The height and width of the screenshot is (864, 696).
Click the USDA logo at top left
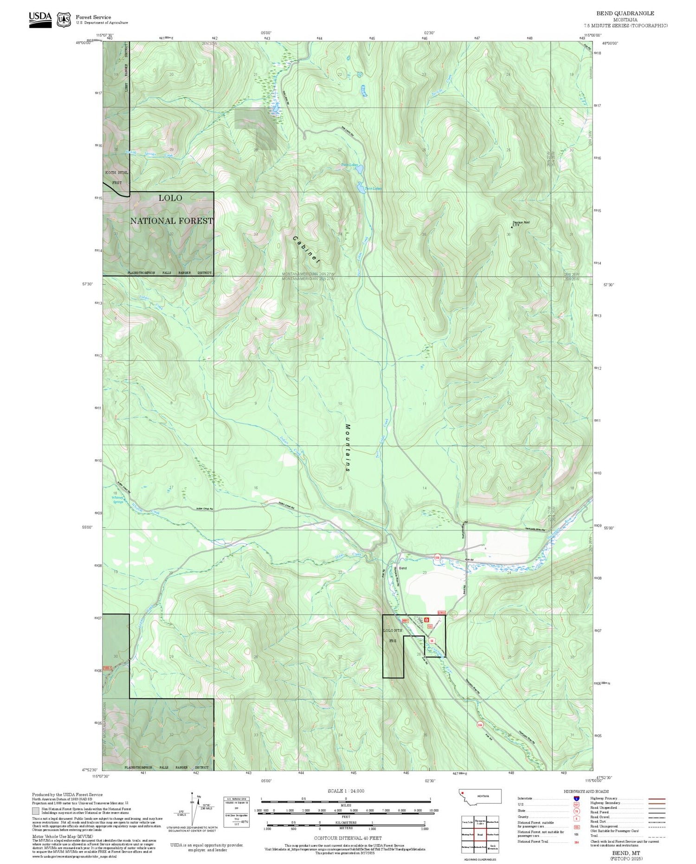pos(40,19)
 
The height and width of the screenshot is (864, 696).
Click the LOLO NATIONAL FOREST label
pos(171,210)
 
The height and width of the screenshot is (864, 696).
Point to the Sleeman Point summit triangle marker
pos(512,227)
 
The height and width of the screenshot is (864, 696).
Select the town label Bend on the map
pos(403,568)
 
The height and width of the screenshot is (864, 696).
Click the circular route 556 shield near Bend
pos(437,557)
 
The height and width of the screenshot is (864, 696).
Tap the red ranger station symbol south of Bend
pos(426,619)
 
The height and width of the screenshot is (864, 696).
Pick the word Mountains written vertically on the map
pos(348,448)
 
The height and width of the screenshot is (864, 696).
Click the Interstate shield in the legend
pos(576,798)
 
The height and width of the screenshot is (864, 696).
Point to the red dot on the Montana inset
pos(463,793)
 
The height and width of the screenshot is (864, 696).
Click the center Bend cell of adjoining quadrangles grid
pos(480,834)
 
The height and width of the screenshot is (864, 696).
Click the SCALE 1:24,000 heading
pos(346,791)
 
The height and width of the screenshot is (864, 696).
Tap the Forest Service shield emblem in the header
pos(64,19)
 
